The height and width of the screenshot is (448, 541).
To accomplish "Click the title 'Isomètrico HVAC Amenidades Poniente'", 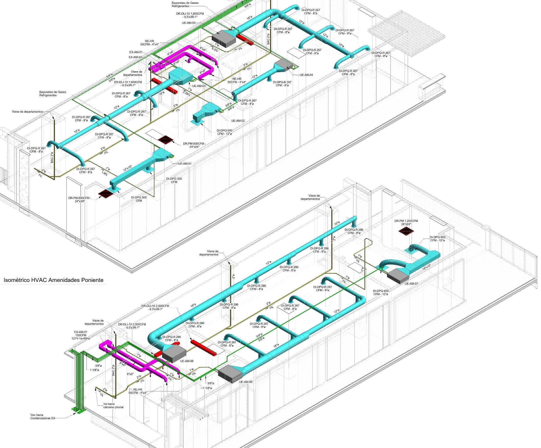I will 53,280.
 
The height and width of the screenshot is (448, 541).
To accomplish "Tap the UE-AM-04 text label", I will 306,75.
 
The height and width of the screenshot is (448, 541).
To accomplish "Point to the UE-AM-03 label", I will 199,86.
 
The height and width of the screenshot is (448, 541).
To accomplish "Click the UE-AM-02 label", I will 238,120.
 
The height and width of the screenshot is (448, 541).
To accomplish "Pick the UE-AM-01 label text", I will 185,163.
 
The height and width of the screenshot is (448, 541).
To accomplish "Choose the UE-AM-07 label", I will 411,283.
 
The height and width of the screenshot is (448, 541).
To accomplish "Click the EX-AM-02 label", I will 135,57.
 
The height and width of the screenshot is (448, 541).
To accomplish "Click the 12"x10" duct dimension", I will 128,168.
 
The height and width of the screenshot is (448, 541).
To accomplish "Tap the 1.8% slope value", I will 104,174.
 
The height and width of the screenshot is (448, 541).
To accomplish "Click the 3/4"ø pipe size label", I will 259,336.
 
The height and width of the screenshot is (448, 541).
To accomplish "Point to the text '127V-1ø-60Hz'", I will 81,338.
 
